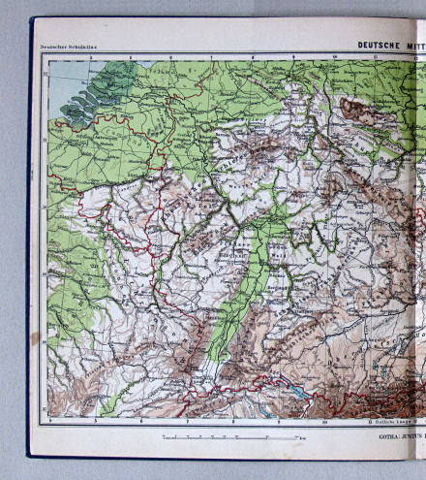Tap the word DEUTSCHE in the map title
click(x=379, y=44)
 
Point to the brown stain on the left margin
click(x=36, y=338)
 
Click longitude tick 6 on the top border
click(x=171, y=57)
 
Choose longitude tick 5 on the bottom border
click(x=95, y=421)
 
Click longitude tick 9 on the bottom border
click(x=279, y=421)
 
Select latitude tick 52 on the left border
click(x=44, y=127)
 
